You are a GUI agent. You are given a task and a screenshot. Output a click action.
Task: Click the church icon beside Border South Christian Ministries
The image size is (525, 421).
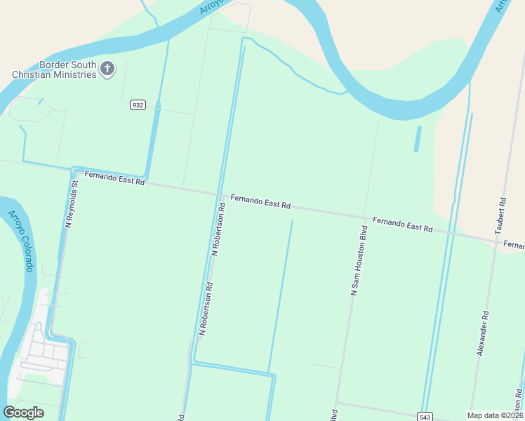pyautogui.click(x=107, y=69)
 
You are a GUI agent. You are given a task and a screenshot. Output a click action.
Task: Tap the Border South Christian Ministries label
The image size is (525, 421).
pyautogui.click(x=55, y=69)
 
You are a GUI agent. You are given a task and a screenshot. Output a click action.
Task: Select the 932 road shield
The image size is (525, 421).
pyautogui.click(x=138, y=105)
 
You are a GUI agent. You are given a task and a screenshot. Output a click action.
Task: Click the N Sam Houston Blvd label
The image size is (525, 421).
pyautogui.click(x=359, y=260)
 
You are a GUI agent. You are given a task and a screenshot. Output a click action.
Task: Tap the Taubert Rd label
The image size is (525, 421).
pyautogui.click(x=500, y=215)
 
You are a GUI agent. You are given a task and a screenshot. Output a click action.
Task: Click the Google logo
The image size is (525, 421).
pyautogui.click(x=24, y=412)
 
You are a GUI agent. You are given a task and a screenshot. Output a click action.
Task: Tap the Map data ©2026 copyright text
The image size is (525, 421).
pyautogui.click(x=494, y=415)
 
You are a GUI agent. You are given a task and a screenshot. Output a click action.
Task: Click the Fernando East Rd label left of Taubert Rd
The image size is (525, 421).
pyautogui.click(x=402, y=225)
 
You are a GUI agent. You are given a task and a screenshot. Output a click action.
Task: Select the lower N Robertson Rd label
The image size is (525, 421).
pyautogui.click(x=206, y=309)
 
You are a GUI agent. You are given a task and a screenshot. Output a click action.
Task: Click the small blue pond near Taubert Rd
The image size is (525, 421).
pyautogui.click(x=418, y=139)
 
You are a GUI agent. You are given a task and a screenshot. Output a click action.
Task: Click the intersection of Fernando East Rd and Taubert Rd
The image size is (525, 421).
pyautogui.click(x=497, y=241)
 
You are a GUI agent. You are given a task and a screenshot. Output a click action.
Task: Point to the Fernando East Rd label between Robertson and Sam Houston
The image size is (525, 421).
pyautogui.click(x=260, y=202)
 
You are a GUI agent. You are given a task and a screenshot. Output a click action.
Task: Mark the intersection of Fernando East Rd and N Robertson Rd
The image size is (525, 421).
pyautogui.click(x=219, y=194)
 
